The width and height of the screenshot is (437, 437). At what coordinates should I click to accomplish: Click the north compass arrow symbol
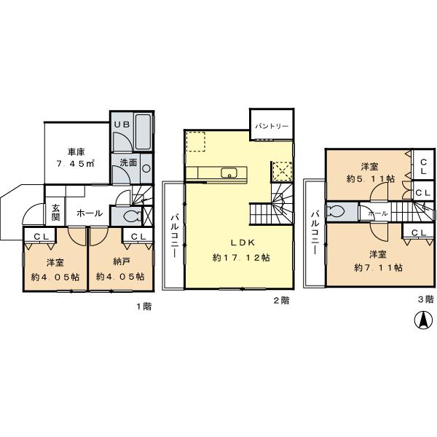coord(422,319)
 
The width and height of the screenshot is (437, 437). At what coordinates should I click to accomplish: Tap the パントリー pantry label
coord(272,126)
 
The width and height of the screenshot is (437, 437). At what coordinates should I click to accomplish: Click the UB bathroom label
coord(122,125)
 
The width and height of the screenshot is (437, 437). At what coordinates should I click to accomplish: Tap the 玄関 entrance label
coord(56,213)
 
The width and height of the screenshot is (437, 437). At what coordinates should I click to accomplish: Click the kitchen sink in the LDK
coord(229,173)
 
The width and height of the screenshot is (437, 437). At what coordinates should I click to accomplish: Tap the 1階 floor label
coord(143,306)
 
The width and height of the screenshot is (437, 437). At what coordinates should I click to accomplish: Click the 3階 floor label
coord(425,298)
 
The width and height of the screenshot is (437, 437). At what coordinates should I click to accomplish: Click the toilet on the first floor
coord(130,216)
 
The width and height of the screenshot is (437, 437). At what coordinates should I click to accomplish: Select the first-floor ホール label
coord(89,213)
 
